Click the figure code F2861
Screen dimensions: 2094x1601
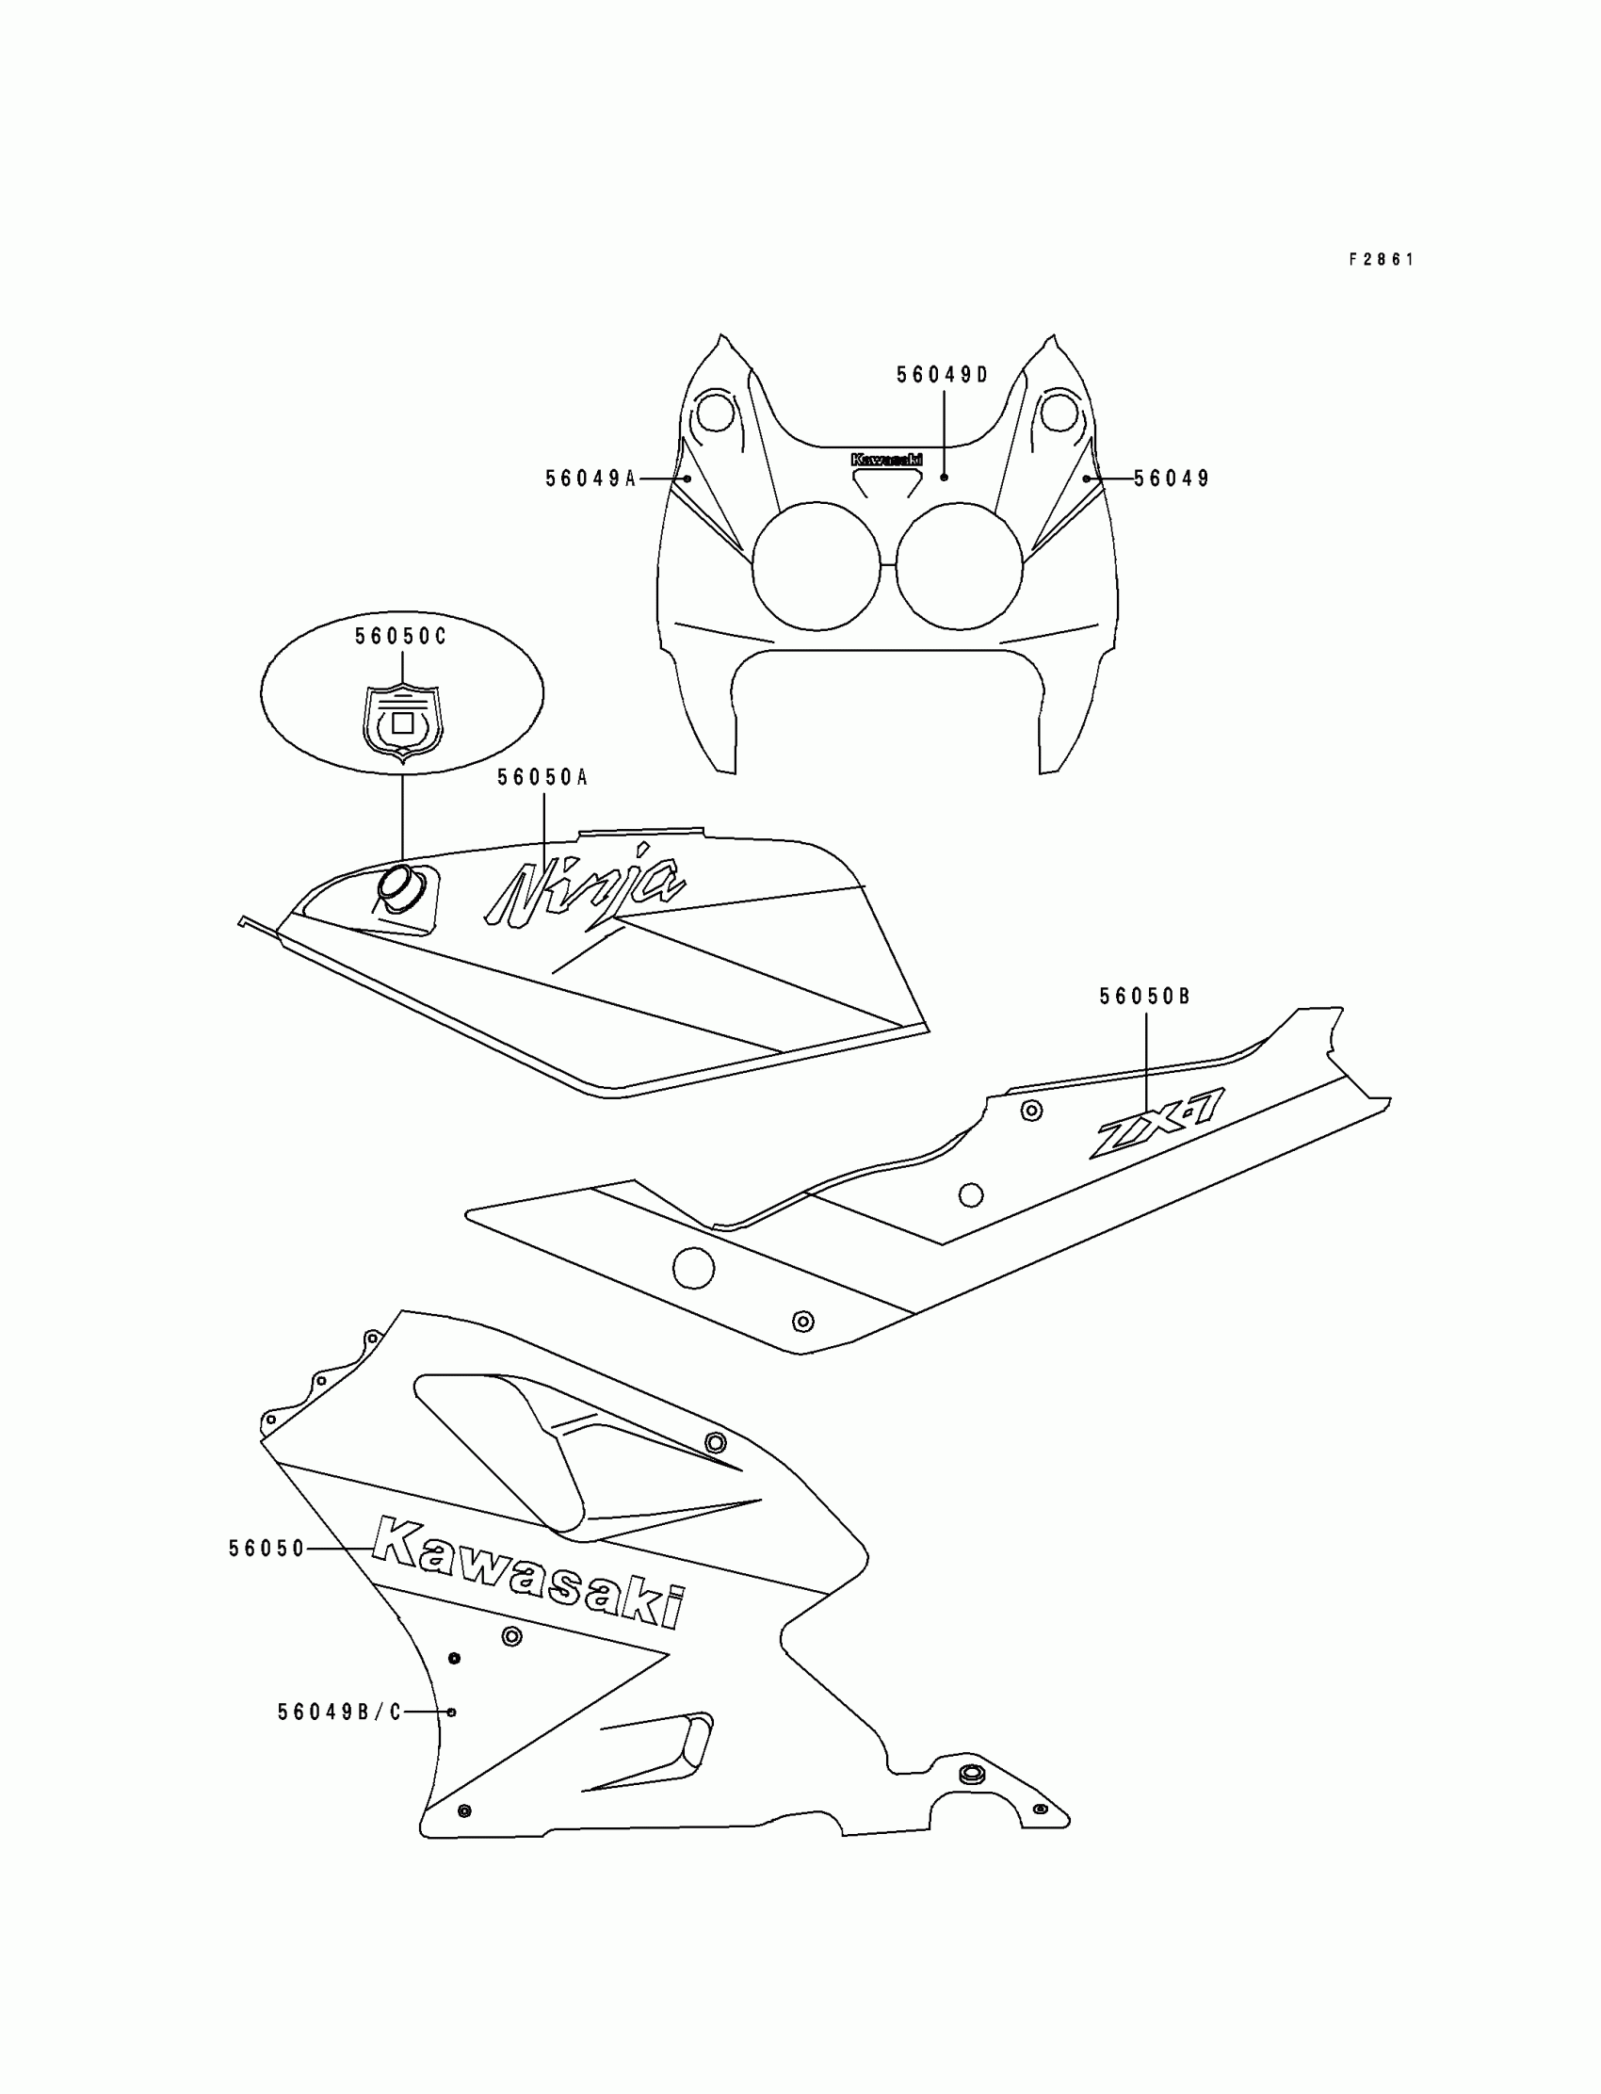(1381, 259)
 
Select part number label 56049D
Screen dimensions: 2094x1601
(943, 376)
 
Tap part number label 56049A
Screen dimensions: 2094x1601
(590, 479)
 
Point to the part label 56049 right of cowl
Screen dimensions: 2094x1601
(1172, 479)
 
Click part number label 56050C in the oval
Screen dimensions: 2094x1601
(401, 637)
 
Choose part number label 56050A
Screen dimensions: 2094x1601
(542, 778)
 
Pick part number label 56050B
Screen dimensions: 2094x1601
(1144, 997)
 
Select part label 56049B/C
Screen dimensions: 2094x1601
(340, 1713)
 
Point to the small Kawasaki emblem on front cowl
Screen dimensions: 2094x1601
(886, 460)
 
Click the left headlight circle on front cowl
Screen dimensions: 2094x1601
(816, 566)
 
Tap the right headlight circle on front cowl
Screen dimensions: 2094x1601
(959, 566)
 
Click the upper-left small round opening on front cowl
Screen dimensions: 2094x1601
(715, 414)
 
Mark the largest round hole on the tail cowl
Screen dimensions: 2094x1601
(693, 1268)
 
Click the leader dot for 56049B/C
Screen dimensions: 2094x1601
(452, 1713)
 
